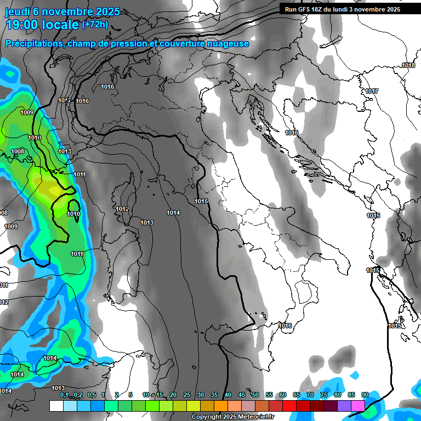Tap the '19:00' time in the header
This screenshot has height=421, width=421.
[x=22, y=25]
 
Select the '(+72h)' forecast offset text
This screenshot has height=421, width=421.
[x=95, y=24]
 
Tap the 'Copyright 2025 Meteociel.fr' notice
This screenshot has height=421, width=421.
[x=232, y=417]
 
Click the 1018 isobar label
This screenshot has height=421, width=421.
[x=408, y=65]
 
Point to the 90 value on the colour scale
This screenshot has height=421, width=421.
[x=365, y=395]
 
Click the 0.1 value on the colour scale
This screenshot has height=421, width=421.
[x=64, y=395]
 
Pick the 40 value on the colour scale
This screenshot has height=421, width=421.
[x=227, y=395]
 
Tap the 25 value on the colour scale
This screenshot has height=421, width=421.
[x=186, y=395]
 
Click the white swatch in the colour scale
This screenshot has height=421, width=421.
[x=56, y=406]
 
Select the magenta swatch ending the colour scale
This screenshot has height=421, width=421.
[x=358, y=406]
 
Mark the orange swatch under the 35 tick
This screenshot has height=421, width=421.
[x=220, y=406]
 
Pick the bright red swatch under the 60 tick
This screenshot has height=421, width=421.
[x=289, y=406]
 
